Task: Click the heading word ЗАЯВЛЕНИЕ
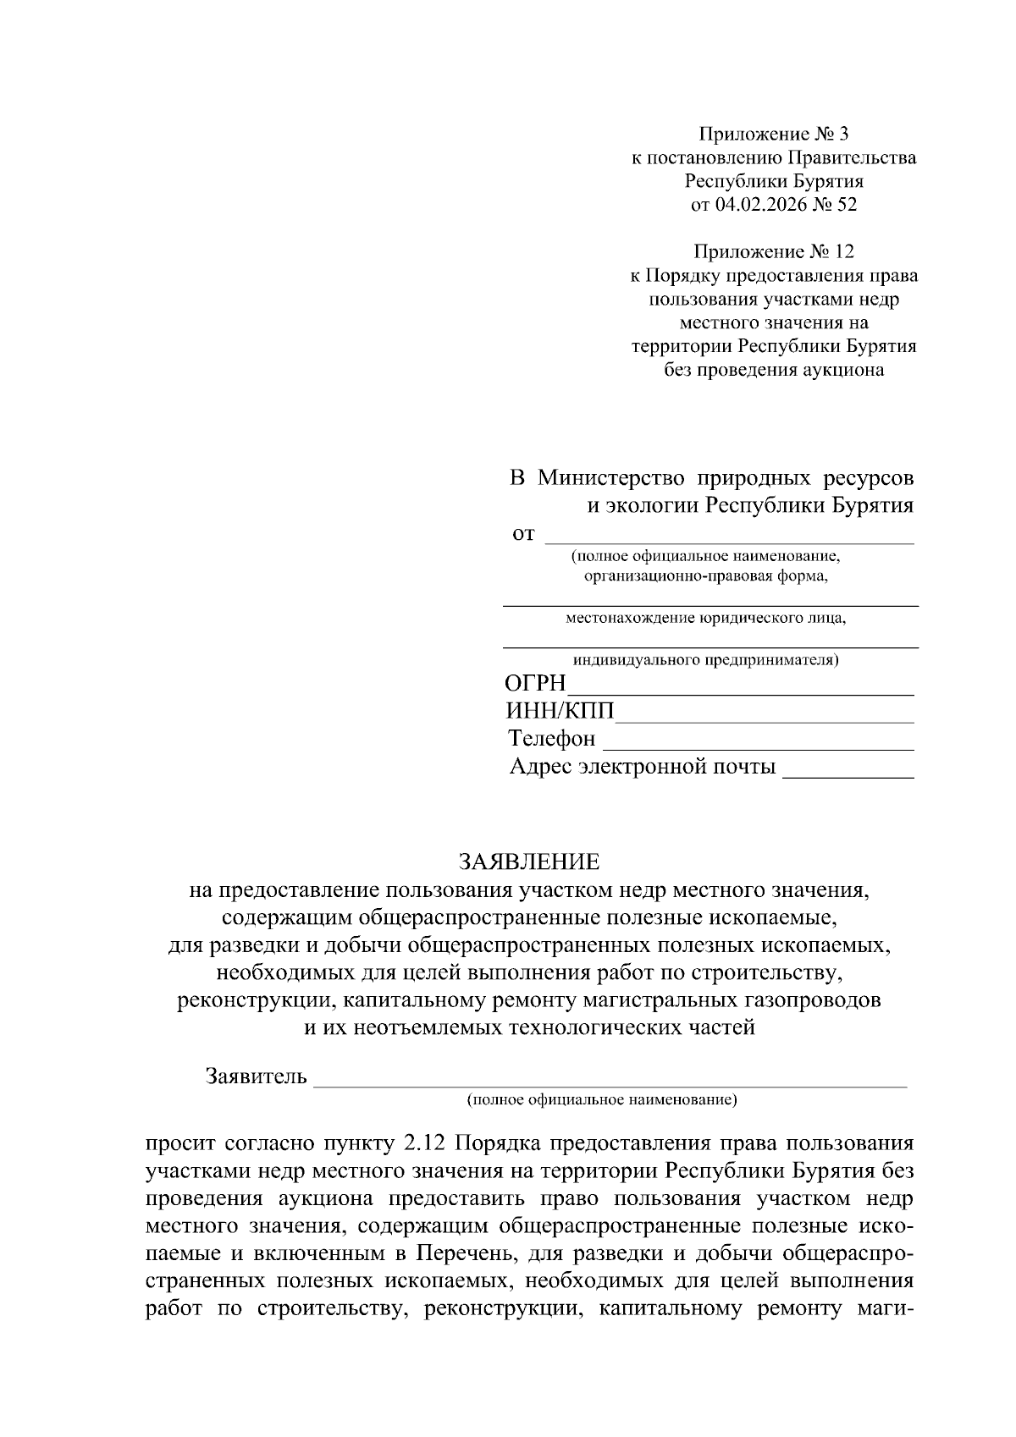point(528,862)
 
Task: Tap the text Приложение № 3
point(772,134)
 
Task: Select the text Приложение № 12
point(774,251)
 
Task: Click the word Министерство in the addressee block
point(610,478)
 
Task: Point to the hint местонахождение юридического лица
point(706,618)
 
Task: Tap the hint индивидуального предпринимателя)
point(706,659)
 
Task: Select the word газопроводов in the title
point(811,1000)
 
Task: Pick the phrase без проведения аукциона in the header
point(774,370)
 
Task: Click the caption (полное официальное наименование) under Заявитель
point(602,1100)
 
